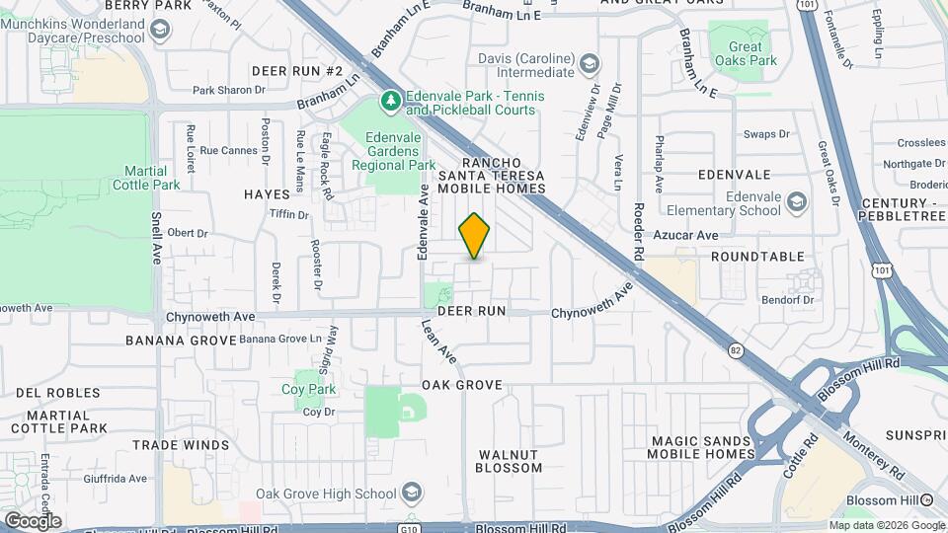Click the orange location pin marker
475,236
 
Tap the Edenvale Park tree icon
391,100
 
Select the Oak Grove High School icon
410,494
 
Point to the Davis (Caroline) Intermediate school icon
589,65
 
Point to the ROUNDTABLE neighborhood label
757,257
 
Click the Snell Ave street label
156,239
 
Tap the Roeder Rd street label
639,231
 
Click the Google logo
33,520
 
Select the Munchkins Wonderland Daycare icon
157,32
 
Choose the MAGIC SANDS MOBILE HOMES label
701,446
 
